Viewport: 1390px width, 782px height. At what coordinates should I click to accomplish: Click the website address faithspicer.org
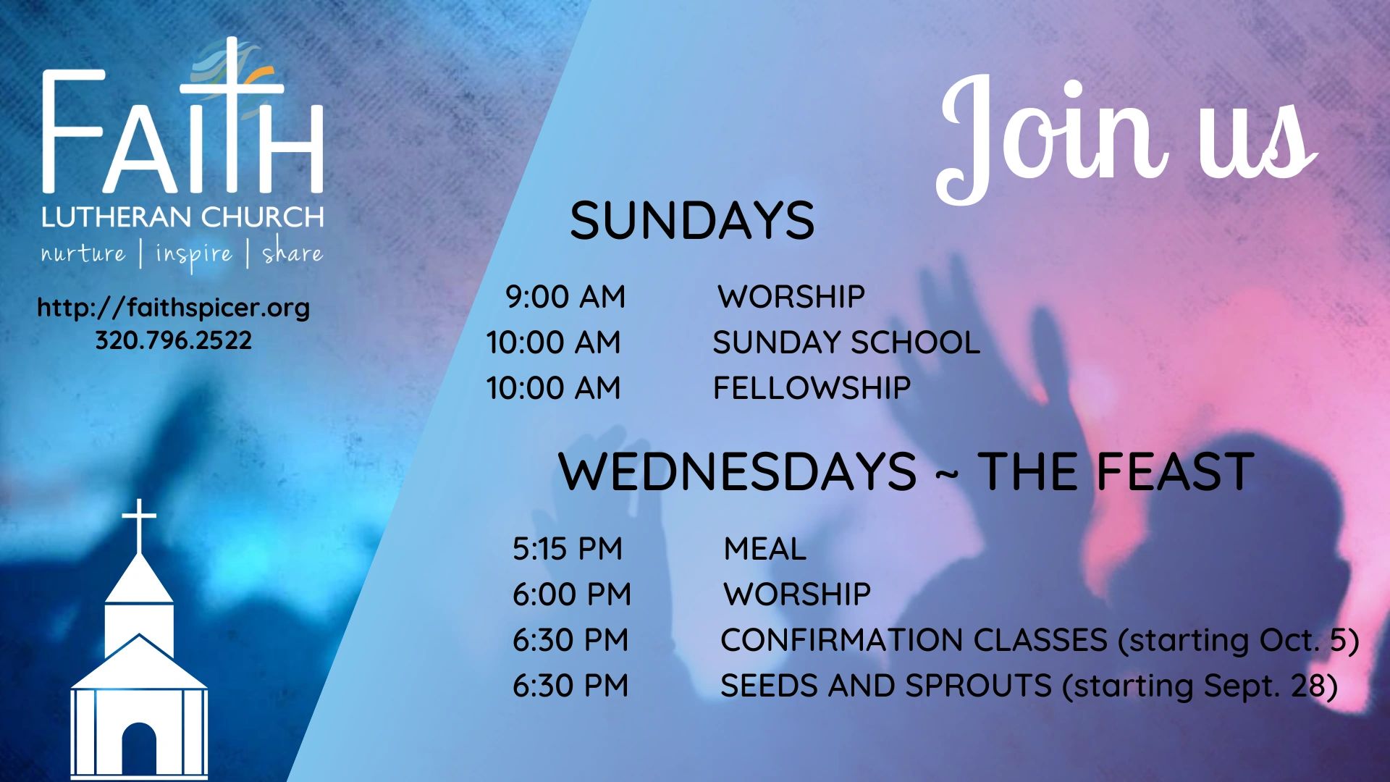173,308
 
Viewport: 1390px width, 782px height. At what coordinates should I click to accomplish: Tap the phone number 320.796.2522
174,340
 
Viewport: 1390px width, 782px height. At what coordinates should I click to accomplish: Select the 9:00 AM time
565,297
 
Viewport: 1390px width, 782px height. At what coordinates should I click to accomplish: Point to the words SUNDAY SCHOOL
846,342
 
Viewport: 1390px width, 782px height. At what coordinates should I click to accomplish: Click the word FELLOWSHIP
812,388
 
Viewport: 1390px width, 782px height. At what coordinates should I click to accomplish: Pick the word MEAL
765,549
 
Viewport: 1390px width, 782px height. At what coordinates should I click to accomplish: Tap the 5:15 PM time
568,549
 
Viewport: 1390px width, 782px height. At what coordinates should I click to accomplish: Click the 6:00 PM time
572,594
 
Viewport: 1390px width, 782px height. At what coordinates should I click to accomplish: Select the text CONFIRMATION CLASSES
914,640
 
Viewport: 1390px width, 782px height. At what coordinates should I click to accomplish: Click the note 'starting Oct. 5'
1238,641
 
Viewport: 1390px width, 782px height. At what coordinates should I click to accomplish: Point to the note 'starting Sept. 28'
1200,686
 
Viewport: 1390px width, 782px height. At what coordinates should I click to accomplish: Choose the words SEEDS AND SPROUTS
886,686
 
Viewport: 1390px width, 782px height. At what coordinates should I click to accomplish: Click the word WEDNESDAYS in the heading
737,471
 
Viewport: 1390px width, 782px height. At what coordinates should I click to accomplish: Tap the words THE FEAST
1116,471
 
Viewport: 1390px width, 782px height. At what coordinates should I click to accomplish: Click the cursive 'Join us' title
1126,138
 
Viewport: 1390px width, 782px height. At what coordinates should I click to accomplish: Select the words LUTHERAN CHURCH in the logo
182,217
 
